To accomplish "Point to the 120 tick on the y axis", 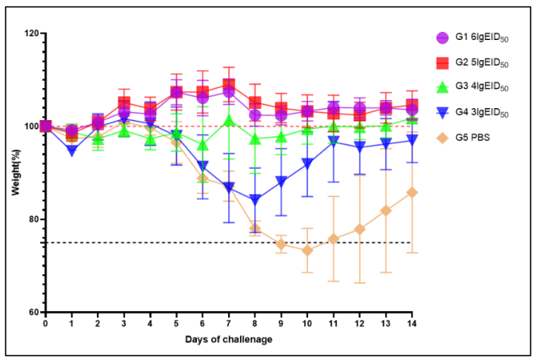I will pos(31,34).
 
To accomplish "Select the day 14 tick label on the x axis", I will pos(411,324).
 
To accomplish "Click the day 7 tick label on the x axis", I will pos(229,324).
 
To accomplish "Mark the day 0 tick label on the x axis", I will pos(46,324).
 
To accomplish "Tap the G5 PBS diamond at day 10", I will pos(307,250).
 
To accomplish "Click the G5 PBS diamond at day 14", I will pos(411,192).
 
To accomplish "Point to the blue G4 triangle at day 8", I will pos(255,200).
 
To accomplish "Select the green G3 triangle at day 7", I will pos(229,121).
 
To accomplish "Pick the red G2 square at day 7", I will pos(229,85).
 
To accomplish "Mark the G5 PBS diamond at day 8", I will pos(255,228).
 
